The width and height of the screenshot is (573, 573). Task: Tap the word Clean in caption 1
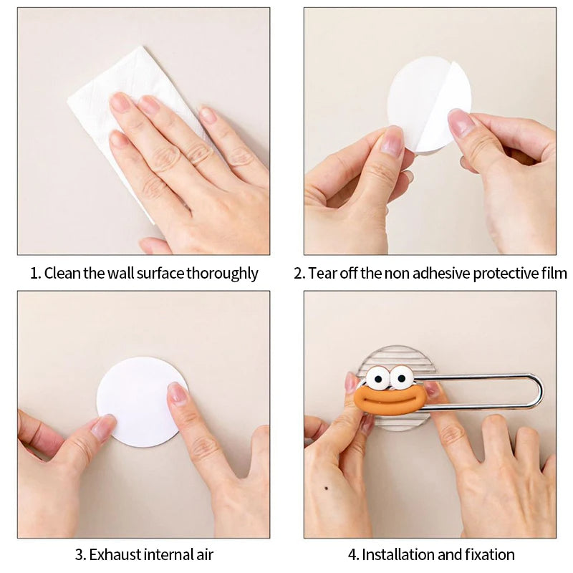click(x=62, y=274)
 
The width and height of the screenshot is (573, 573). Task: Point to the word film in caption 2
click(x=553, y=274)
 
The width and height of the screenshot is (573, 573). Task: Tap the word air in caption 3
click(x=205, y=554)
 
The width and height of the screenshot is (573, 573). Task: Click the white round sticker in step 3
click(x=140, y=402)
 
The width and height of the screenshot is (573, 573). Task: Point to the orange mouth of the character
click(x=389, y=400)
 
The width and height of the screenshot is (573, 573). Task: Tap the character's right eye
click(x=401, y=377)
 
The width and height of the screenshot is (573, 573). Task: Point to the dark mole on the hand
click(x=326, y=488)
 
